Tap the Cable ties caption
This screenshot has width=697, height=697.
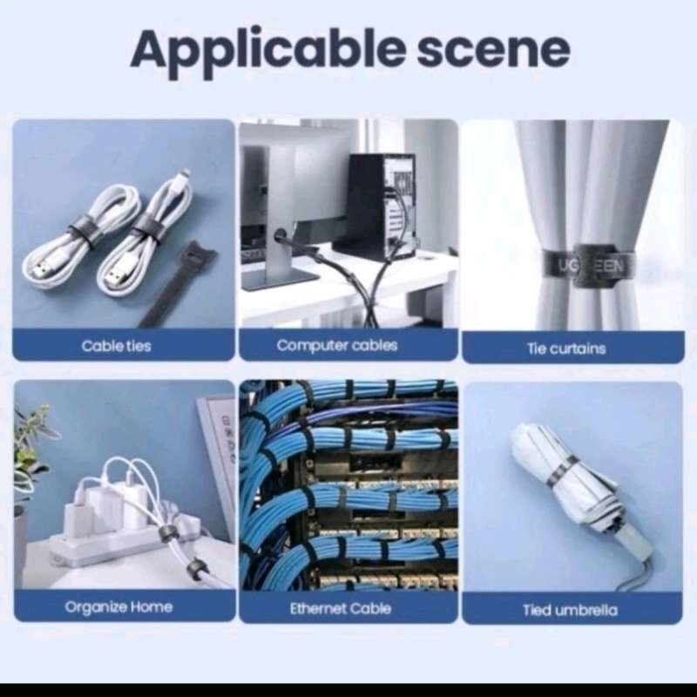116,346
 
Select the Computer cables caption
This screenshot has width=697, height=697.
337,345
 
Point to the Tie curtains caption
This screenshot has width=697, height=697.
566,348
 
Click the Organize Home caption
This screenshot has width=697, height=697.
118,606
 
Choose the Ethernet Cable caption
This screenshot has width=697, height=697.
341,608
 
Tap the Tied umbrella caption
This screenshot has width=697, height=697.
570,610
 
